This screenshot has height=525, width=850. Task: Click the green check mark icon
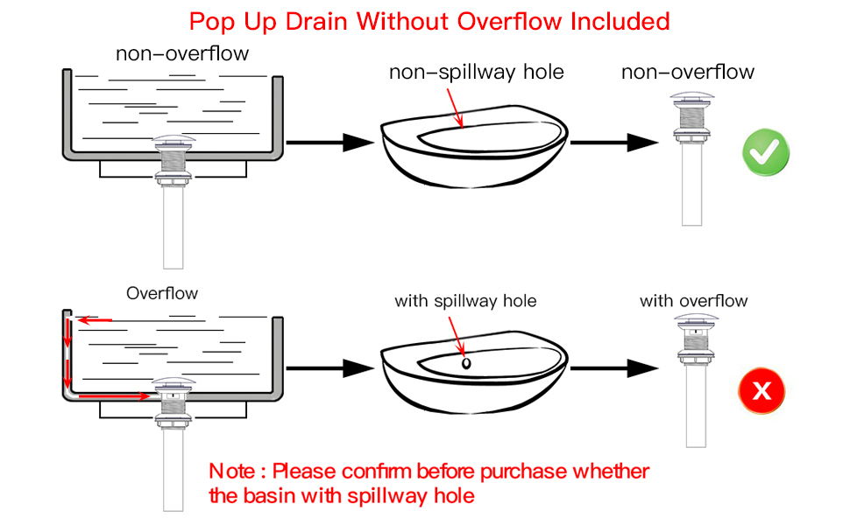point(766,152)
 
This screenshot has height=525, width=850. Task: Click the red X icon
point(761,391)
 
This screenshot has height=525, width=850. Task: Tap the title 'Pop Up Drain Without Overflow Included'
point(429,21)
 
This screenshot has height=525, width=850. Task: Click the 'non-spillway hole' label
point(477,73)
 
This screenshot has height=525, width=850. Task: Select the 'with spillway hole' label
point(465,301)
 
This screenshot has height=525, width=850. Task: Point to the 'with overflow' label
point(693,301)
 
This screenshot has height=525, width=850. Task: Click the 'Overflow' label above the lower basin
point(162,293)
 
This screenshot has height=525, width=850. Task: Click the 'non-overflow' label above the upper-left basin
point(182,54)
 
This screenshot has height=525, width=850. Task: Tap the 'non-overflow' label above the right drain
point(688,73)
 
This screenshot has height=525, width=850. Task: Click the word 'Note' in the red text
point(231,472)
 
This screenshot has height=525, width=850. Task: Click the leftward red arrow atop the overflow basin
point(96,320)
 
